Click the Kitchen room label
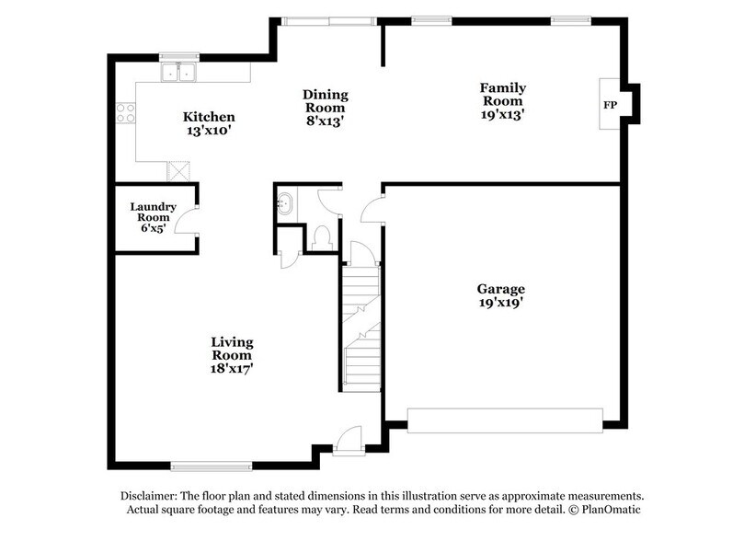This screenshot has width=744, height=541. [x=209, y=117]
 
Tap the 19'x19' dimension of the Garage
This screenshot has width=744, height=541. [x=500, y=302]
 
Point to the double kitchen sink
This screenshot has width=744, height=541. [x=179, y=73]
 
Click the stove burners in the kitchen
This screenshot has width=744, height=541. [x=125, y=113]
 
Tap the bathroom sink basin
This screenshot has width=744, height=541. [x=284, y=201]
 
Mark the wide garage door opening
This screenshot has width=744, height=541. [x=505, y=420]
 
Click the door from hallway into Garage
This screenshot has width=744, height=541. [x=371, y=211]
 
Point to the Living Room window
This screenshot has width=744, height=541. [x=212, y=465]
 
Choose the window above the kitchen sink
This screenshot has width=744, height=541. [x=178, y=56]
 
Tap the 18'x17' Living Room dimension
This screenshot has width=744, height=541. [x=232, y=368]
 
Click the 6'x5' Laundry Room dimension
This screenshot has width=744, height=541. [x=153, y=227]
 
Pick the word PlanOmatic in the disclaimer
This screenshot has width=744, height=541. [x=608, y=509]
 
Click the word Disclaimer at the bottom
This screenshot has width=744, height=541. [x=148, y=495]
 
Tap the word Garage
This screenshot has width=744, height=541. [x=500, y=288]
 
